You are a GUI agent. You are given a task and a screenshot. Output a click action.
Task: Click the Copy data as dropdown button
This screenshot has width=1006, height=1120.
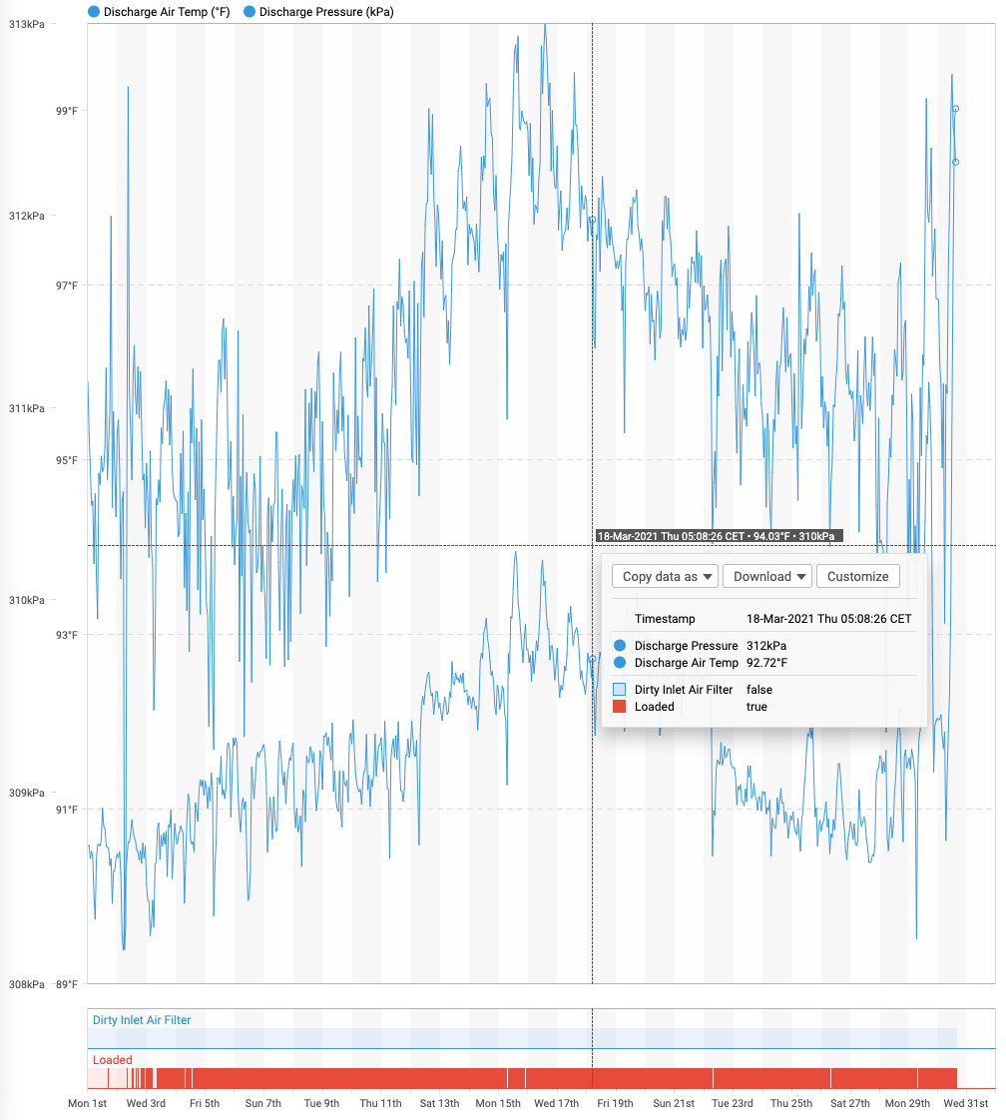665,576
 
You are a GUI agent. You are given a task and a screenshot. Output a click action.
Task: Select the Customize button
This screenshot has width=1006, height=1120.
857,576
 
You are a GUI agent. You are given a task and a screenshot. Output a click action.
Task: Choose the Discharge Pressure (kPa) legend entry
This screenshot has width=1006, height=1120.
319,12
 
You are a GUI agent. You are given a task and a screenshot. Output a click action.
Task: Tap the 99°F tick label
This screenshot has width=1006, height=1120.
66,111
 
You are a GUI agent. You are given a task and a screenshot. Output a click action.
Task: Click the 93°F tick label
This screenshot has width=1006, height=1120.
66,635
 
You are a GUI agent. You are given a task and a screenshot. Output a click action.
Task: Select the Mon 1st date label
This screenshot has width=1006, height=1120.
87,1103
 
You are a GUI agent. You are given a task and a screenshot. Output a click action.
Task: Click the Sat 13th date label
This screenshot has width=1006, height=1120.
439,1103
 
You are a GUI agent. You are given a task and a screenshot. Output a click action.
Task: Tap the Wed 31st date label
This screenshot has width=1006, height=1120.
966,1103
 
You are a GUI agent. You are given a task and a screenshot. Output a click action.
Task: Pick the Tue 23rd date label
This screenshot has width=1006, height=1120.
733,1103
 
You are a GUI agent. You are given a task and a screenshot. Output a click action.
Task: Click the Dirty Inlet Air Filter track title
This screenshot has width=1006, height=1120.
142,1020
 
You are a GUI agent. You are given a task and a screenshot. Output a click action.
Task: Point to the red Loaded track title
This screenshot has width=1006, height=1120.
113,1060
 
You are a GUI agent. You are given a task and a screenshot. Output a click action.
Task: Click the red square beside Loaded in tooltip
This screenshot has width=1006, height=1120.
619,707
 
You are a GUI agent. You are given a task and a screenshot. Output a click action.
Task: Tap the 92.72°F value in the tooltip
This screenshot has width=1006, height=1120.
766,663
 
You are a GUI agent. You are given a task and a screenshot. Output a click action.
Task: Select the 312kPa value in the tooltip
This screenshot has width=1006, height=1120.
766,646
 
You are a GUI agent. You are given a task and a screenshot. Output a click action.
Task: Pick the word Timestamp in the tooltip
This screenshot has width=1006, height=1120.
665,619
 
